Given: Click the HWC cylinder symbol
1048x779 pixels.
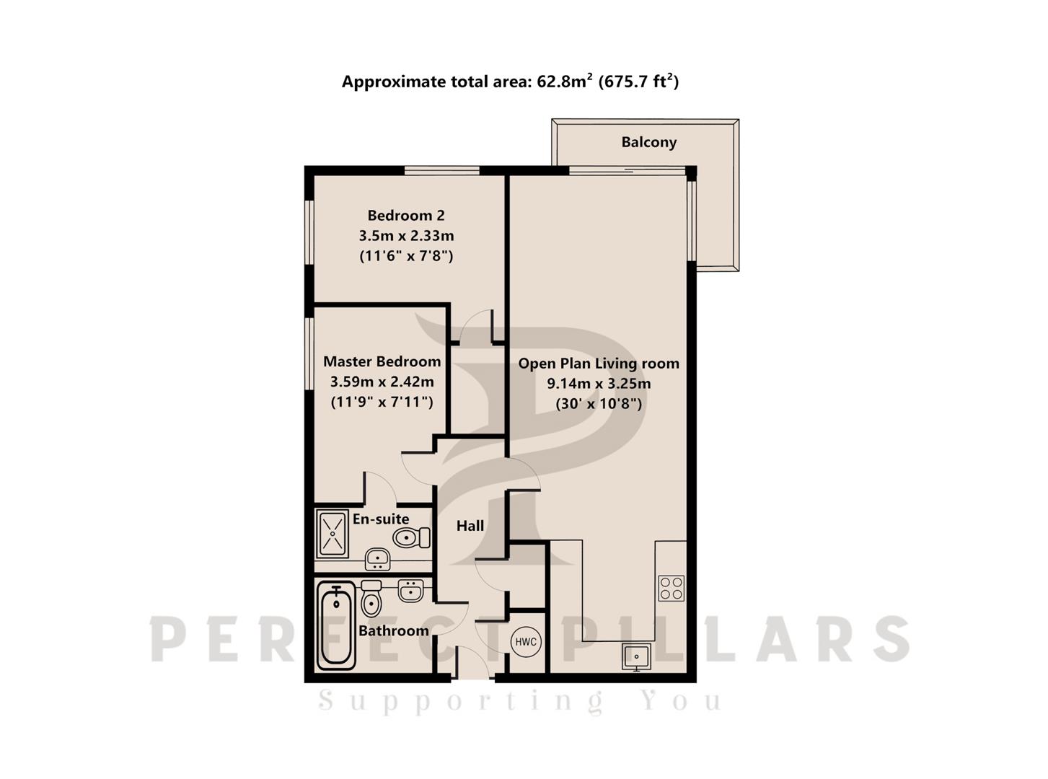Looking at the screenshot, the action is pos(525,641).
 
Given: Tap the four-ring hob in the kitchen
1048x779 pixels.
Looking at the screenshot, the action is pos(671,589).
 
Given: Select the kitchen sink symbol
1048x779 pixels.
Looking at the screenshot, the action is pos(636,656).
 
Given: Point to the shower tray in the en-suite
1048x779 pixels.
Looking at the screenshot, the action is pos(333,534).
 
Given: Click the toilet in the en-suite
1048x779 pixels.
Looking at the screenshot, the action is pos(411,537).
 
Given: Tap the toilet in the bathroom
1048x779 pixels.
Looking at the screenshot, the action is pos(371,599).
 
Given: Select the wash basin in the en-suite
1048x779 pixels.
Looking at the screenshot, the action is pos(377,559).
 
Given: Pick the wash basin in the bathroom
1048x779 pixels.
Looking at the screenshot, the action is pos(410,591).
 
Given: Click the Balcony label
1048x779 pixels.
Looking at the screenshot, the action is pos(648,142).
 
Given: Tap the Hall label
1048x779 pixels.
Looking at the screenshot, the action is pos(470,526).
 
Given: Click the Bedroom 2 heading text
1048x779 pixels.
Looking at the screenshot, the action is pos(406,216).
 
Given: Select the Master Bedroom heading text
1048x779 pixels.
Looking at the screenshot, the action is pos(382,361).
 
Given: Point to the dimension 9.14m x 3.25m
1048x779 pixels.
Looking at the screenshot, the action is pos(599,383).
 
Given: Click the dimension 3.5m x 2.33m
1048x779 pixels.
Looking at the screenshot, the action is pos(406,235).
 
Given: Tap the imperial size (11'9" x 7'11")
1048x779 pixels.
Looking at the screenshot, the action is pos(382,402).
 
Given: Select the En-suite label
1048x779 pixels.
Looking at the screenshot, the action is pos(381,519).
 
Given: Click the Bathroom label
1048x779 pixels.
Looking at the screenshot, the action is pos(394,630).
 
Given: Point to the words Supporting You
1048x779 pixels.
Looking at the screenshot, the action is pos(520,700).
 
